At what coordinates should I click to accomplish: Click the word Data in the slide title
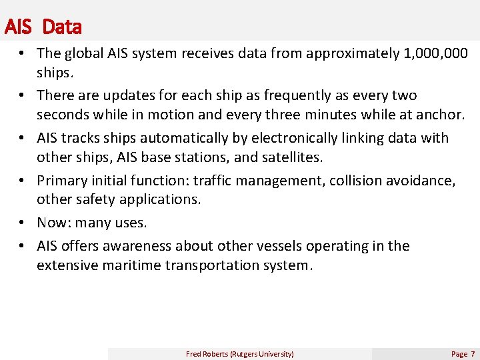click(61, 27)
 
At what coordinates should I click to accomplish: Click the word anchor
click(439, 115)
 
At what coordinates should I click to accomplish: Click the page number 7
click(473, 354)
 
